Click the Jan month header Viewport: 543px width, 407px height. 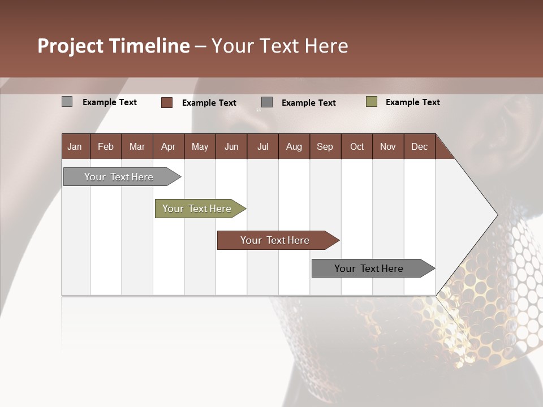75,147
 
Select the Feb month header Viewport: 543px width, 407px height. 106,147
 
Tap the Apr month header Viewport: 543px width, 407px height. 168,147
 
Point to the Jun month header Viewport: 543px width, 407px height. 231,147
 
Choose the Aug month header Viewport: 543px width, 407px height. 294,147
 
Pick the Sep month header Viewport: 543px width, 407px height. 325,147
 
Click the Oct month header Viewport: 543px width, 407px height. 357,147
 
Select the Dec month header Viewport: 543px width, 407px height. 419,147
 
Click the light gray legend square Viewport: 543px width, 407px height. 67,102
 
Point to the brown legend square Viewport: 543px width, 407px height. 167,102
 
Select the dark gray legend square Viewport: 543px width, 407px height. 267,102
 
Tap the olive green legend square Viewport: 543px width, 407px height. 372,102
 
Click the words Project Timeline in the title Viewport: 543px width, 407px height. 113,46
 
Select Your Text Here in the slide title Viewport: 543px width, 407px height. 279,46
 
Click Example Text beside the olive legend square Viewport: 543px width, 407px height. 412,102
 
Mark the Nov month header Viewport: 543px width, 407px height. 388,147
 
